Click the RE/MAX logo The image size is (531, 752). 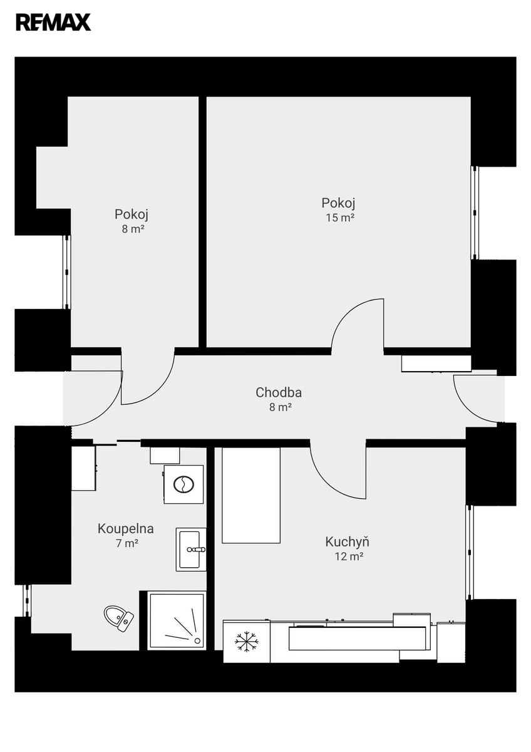(53, 22)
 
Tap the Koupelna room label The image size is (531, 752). (126, 529)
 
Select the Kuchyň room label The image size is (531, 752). (347, 541)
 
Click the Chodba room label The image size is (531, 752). (279, 392)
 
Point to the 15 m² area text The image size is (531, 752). (340, 218)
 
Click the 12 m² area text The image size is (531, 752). (349, 556)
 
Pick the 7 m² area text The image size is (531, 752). (127, 543)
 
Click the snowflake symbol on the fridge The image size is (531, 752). (247, 642)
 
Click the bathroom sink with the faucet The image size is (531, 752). (191, 549)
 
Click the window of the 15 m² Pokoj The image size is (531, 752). (475, 213)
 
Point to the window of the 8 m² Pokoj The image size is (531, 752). (67, 271)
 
